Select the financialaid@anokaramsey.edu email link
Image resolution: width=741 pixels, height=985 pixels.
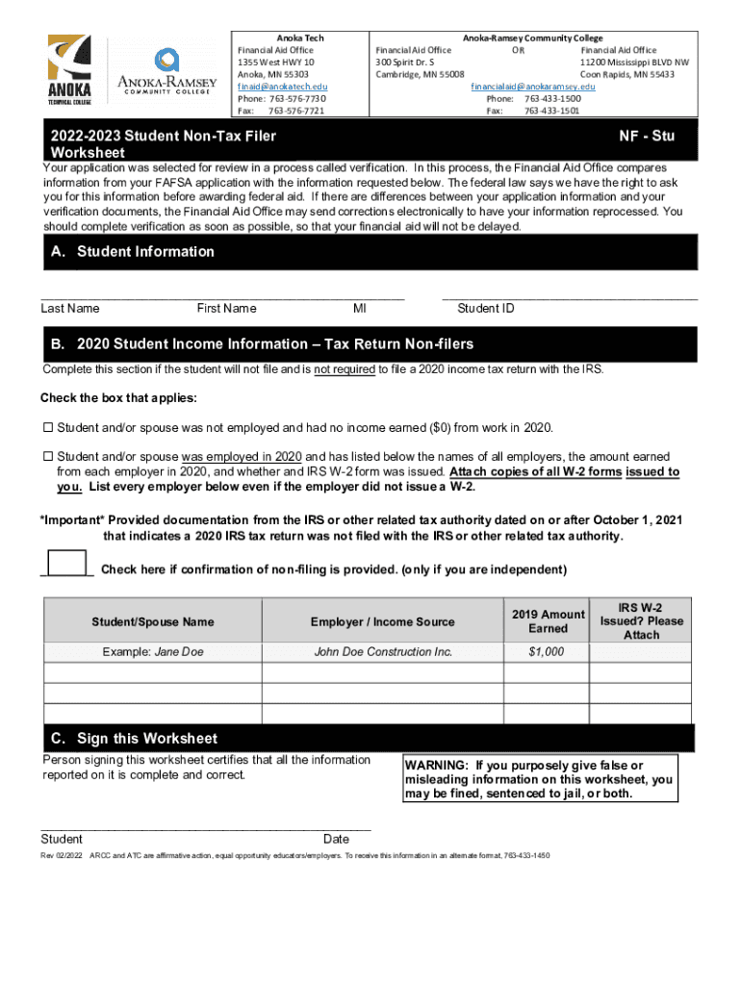pyautogui.click(x=532, y=87)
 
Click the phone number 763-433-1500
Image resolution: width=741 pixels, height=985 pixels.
pyautogui.click(x=551, y=98)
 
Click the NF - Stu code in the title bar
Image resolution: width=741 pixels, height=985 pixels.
pyautogui.click(x=647, y=137)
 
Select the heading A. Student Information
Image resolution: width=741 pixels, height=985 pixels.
pyautogui.click(x=133, y=252)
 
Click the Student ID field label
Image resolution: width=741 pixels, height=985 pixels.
pyautogui.click(x=486, y=309)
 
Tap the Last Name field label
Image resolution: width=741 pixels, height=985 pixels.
pyautogui.click(x=70, y=309)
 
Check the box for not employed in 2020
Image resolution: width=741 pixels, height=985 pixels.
pyautogui.click(x=47, y=427)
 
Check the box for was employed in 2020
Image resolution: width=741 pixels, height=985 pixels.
pyautogui.click(x=47, y=457)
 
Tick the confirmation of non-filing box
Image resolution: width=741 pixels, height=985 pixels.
pyautogui.click(x=65, y=564)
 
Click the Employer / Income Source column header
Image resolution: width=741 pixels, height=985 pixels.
pyautogui.click(x=383, y=622)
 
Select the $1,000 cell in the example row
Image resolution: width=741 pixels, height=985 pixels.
pyautogui.click(x=547, y=652)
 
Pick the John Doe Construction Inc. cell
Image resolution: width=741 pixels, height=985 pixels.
pyautogui.click(x=383, y=652)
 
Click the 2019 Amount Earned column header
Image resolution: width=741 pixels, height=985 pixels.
pyautogui.click(x=548, y=621)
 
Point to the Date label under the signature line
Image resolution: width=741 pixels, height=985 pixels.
pyautogui.click(x=337, y=839)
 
